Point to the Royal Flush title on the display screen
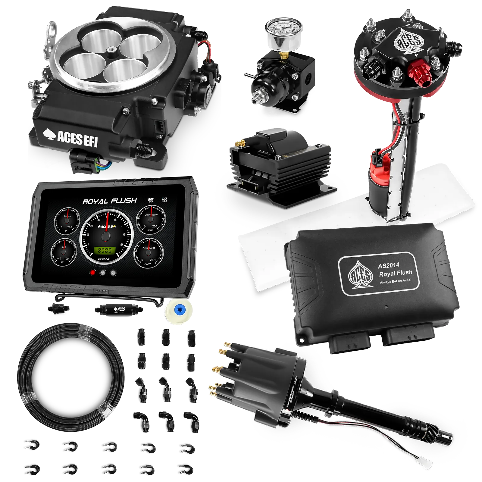pyautogui.click(x=110, y=201)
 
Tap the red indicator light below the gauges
pyautogui.click(x=93, y=273)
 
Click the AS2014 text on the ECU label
pyautogui.click(x=389, y=265)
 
